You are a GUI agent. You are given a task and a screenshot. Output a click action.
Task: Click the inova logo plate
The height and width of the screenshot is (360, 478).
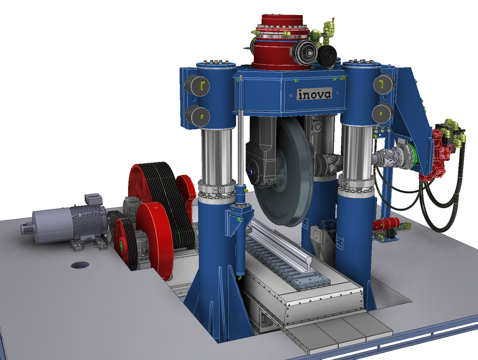pos(314,94)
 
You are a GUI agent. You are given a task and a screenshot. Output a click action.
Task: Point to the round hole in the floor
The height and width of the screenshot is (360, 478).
pos(80,266)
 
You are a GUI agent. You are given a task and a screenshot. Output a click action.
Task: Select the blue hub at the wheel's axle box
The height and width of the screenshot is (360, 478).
pos(251,172)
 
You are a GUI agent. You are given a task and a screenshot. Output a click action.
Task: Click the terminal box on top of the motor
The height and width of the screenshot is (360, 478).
pos(94,199)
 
